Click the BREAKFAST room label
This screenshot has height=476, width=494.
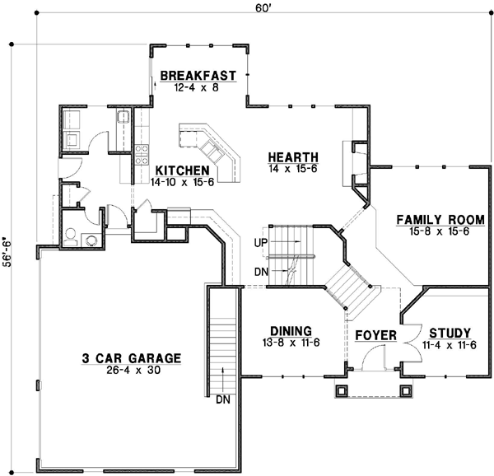point(198,75)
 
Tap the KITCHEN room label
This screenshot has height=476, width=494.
point(184,170)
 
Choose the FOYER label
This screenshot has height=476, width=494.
point(375,336)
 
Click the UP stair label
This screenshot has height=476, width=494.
point(261,243)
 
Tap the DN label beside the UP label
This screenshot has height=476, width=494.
point(261,271)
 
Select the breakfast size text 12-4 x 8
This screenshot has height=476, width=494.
point(198,86)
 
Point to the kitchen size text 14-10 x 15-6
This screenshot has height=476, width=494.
point(184,182)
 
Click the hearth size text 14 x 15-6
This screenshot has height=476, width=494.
point(292,168)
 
